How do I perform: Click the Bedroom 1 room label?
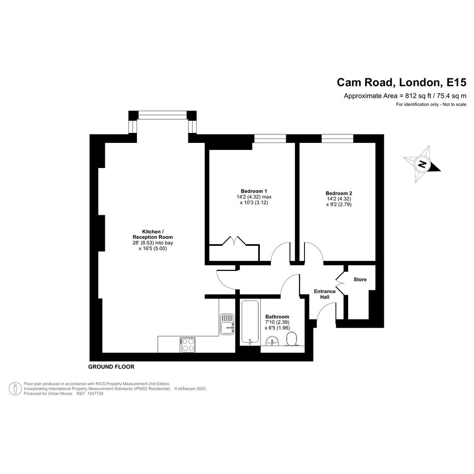(x=254, y=191)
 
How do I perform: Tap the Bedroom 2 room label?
(x=339, y=193)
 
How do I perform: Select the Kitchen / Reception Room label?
(x=152, y=234)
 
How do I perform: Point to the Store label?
(x=360, y=279)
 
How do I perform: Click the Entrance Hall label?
(x=325, y=294)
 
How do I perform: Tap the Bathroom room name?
(x=277, y=317)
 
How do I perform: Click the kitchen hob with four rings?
(x=188, y=345)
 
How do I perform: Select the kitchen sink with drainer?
(x=227, y=324)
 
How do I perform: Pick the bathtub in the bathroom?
(x=250, y=322)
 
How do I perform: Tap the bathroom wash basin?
(x=273, y=341)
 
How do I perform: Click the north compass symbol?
(x=422, y=164)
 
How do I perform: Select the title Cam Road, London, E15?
(x=401, y=82)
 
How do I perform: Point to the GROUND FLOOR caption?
(x=111, y=367)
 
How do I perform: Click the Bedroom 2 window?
(x=338, y=138)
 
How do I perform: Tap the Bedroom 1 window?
(x=270, y=138)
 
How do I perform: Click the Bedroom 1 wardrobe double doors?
(x=234, y=241)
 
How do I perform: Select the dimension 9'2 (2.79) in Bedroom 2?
(x=339, y=204)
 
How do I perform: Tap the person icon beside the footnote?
(x=15, y=388)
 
